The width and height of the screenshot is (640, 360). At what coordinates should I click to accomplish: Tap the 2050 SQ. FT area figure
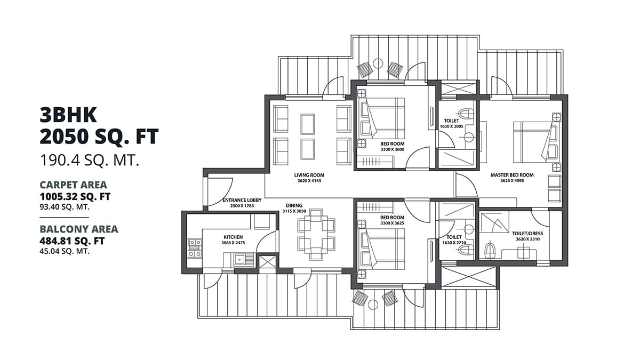point(99,137)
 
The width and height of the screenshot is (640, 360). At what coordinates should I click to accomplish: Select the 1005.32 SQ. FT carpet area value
point(75,196)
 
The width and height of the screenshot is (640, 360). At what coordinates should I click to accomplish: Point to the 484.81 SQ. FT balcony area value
point(72,241)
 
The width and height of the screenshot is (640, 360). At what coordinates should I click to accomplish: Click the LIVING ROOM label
point(309,175)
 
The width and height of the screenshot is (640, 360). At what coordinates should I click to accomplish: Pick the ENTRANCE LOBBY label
point(242,201)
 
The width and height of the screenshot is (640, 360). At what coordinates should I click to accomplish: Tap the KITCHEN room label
point(233,237)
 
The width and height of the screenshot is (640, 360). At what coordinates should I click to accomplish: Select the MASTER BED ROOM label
point(512,175)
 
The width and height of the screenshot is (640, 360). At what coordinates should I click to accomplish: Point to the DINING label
point(294,205)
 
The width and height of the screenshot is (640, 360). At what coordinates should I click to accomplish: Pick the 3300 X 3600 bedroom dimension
point(392,150)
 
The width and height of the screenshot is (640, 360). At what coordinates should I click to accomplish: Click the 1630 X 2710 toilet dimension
point(454,243)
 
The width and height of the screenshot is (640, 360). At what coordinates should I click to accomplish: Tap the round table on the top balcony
point(378,63)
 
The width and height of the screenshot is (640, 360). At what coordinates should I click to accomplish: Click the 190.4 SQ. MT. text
point(90,160)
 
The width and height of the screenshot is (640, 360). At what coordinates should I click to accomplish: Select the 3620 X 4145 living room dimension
point(309,181)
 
